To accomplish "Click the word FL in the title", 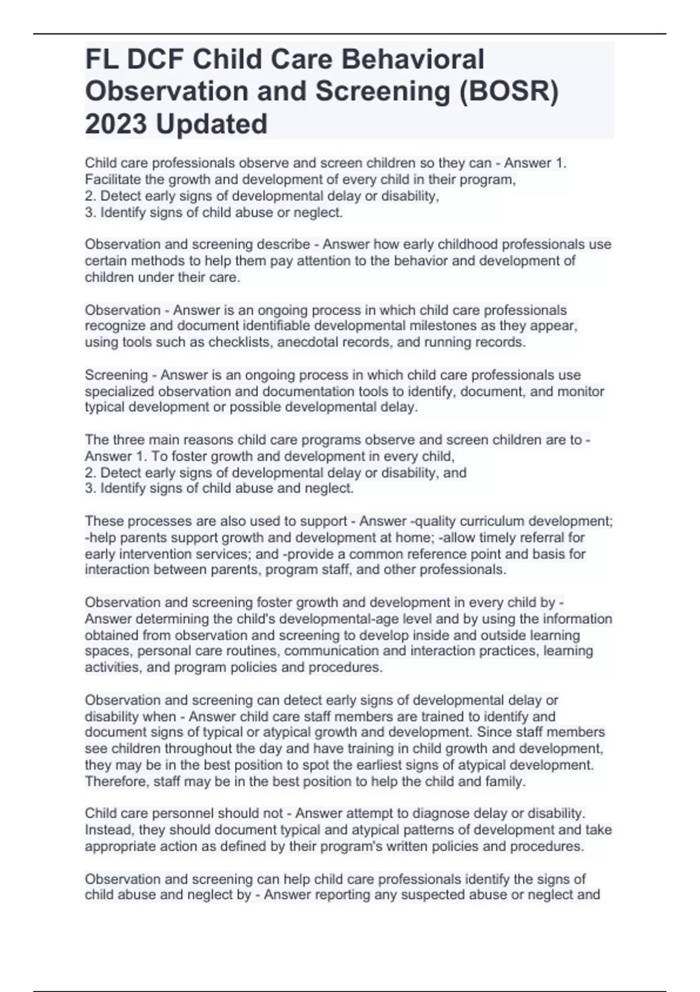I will point(101,60).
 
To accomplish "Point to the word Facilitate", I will point(112,180).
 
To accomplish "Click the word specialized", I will point(119,391).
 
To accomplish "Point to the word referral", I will point(559,537).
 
